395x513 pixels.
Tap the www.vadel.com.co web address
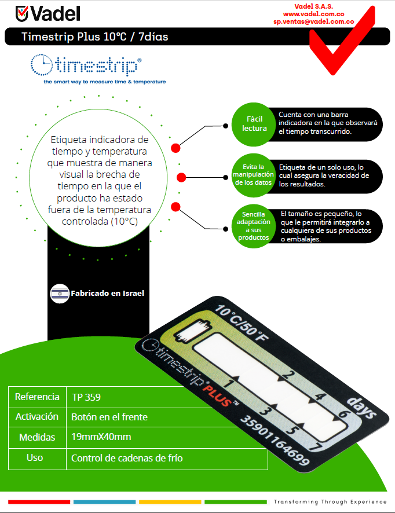(313, 13)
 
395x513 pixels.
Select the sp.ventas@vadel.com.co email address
(313, 21)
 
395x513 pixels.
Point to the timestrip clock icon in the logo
(41, 65)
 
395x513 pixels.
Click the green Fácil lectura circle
(254, 123)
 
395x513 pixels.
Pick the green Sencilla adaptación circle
(254, 226)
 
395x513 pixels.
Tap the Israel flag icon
(60, 294)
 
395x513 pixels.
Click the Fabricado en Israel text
(107, 294)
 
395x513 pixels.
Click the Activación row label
(37, 417)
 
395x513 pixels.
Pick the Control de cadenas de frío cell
(127, 458)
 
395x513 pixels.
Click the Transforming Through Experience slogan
(330, 501)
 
